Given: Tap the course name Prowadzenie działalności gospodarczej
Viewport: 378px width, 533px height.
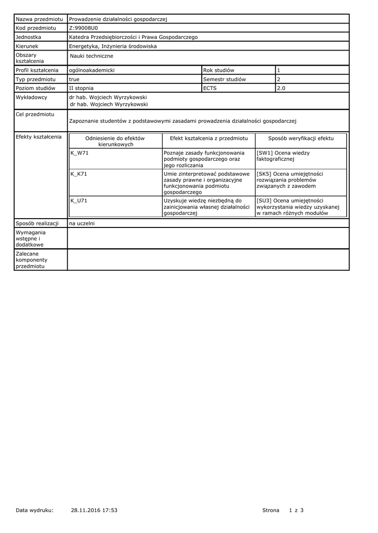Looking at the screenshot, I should click(118, 19).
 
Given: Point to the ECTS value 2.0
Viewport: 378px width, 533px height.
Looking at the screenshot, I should click(281, 88).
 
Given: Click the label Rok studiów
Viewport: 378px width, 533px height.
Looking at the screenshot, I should click(218, 70).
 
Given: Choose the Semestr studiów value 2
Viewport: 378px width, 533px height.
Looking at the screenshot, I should click(278, 79).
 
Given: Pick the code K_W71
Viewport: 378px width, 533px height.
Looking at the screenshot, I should click(79, 153).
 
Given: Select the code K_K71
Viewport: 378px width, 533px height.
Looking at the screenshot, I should click(79, 174).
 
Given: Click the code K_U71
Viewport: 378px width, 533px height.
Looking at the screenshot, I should click(79, 200).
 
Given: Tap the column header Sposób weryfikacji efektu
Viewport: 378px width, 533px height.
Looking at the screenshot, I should click(301, 138).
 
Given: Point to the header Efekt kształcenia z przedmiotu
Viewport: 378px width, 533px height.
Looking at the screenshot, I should click(209, 138).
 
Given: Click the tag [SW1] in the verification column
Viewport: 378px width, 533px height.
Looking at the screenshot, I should click(264, 153).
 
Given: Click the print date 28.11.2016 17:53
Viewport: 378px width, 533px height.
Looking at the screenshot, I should click(94, 510).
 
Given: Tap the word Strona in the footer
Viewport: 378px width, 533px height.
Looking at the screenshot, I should click(271, 510).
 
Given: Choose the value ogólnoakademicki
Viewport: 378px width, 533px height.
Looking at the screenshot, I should click(92, 70).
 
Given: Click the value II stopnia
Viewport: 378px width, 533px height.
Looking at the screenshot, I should click(81, 88).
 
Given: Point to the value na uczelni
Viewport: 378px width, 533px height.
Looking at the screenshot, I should click(82, 223).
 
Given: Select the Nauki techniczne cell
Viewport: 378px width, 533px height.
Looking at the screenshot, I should click(91, 56).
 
